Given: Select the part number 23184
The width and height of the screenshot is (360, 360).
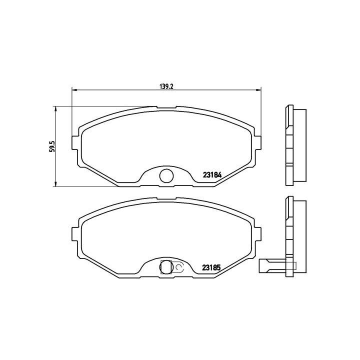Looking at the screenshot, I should (x=212, y=175).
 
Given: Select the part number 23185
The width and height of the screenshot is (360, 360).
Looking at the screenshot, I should (x=212, y=267).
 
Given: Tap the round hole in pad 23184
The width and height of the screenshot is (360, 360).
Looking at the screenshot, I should (x=165, y=175).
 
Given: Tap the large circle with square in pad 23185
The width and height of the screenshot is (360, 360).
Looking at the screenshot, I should (x=165, y=267).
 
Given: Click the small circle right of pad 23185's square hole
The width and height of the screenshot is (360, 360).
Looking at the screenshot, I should (x=179, y=269).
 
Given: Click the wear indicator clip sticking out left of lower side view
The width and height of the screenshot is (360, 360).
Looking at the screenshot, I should (x=270, y=266).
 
